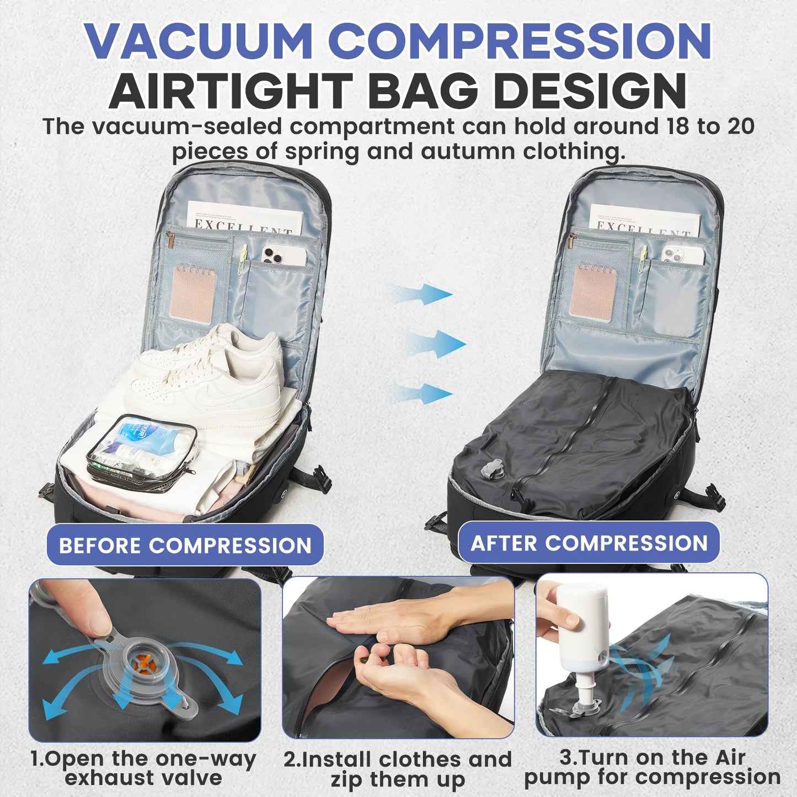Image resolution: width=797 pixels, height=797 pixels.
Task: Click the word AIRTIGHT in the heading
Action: point(231,92)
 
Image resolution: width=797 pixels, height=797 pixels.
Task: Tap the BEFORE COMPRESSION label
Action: point(185,545)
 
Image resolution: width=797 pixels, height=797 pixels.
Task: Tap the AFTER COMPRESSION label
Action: point(589,543)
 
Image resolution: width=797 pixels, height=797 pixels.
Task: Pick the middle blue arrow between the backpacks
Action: point(436,344)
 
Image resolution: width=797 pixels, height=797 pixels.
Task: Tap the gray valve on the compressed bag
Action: point(493,470)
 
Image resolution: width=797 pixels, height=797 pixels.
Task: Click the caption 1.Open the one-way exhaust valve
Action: point(143,768)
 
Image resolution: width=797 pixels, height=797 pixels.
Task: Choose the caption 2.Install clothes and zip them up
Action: point(398,769)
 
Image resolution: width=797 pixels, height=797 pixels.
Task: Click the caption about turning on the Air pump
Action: point(652,767)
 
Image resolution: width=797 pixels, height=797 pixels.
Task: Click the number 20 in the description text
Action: point(740,126)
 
